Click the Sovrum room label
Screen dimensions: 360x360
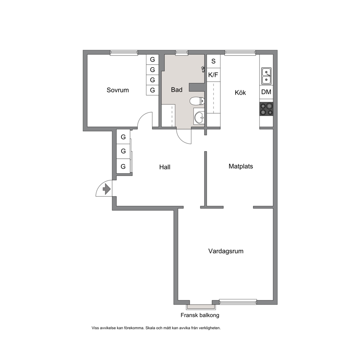(118, 90)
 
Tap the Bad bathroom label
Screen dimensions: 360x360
(177, 90)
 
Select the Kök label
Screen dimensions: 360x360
(240, 93)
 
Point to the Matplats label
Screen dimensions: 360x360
(241, 166)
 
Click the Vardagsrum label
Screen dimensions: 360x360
(226, 251)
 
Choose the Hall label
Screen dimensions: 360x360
(165, 167)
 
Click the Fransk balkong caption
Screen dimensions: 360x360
(200, 315)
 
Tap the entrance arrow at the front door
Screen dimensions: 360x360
(107, 189)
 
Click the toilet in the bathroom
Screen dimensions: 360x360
(197, 101)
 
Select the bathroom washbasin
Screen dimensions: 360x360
(199, 116)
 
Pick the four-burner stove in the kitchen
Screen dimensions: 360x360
(266, 109)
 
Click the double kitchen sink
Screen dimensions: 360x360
(266, 76)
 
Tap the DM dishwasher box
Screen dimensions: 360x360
(266, 92)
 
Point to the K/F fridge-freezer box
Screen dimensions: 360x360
(213, 75)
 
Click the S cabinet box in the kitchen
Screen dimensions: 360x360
(213, 61)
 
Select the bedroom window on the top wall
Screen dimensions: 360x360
(124, 53)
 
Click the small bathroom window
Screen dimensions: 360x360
(181, 53)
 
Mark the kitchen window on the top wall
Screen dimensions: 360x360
(240, 53)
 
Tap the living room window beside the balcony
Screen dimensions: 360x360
(238, 302)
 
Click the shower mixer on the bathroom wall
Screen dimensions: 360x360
(203, 69)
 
